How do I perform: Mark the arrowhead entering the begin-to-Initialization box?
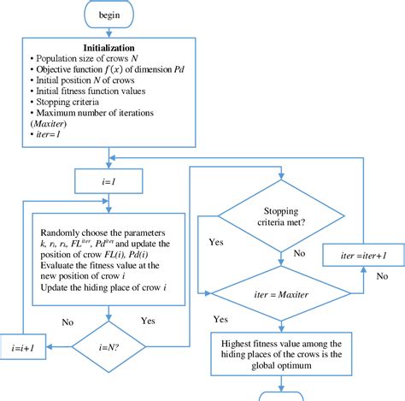pos(109,37)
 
